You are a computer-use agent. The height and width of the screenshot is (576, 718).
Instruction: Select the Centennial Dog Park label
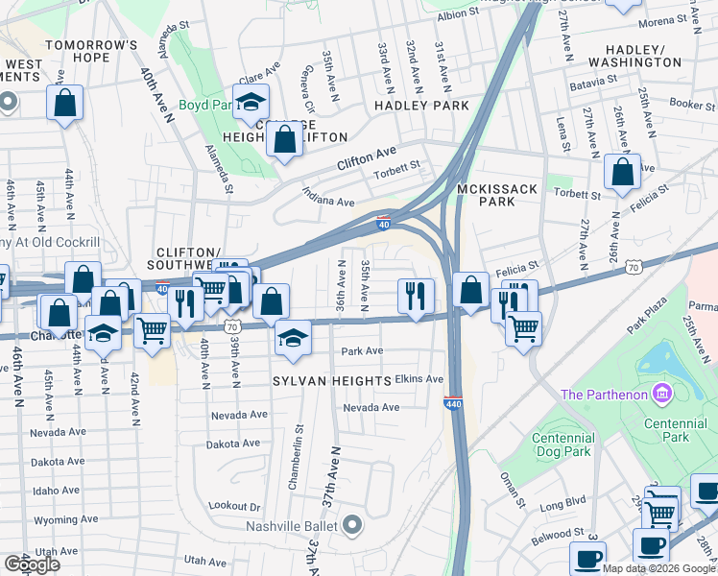[563, 444]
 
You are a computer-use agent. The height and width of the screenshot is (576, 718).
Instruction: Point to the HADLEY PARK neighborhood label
[421, 106]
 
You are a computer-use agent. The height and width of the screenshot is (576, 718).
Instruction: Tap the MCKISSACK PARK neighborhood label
[498, 196]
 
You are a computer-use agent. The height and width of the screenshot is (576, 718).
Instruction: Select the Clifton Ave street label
[366, 159]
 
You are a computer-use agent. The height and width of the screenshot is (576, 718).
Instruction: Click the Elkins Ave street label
[419, 379]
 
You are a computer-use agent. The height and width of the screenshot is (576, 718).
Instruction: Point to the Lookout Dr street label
[234, 506]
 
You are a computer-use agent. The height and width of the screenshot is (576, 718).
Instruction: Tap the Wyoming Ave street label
[60, 519]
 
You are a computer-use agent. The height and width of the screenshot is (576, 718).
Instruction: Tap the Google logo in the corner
[32, 564]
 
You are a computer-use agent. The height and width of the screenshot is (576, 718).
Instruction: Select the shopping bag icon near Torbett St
[622, 172]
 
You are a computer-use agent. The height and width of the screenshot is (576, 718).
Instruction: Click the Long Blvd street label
[562, 501]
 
